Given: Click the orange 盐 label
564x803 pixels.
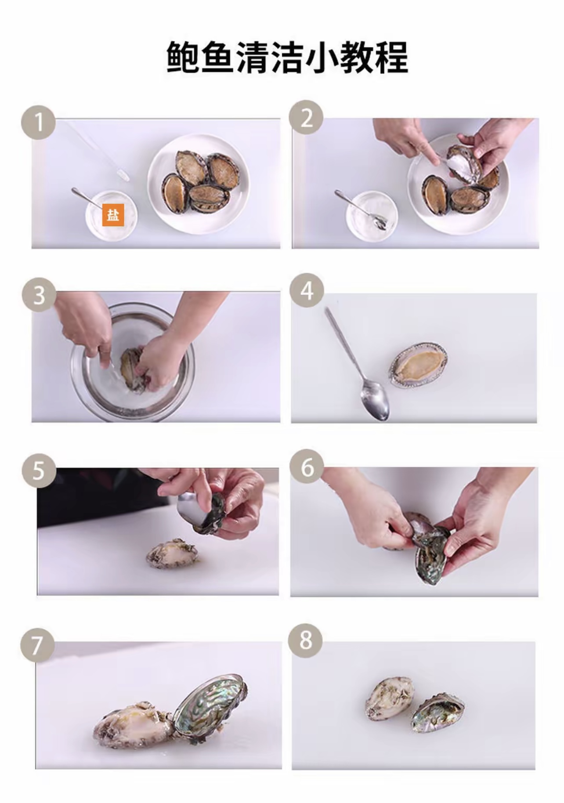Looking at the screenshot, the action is (x=113, y=215).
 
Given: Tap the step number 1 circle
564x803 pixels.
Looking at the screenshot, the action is (x=39, y=123).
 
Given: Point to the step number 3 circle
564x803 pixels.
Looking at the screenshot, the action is (x=39, y=295).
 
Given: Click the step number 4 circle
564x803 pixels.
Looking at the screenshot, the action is (x=307, y=291).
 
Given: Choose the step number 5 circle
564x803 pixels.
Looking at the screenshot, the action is (x=39, y=470).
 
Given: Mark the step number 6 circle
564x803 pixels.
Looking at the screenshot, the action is (x=307, y=467).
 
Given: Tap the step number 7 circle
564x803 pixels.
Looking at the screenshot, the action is (x=37, y=645).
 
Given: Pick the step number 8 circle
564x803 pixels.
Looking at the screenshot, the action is (x=306, y=640).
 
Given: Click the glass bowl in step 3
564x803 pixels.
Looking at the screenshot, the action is (x=132, y=362).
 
